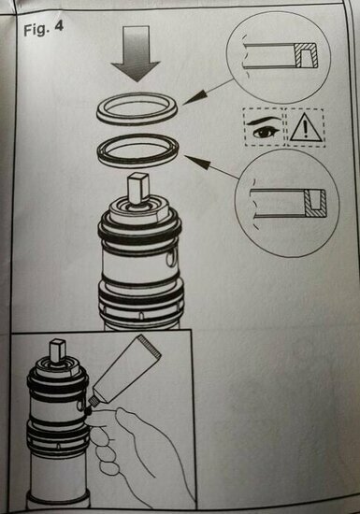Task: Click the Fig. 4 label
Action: click(x=43, y=29)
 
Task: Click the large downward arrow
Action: click(x=136, y=53)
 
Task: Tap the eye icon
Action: click(x=264, y=127)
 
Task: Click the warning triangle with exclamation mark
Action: click(x=305, y=128)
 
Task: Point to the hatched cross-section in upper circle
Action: click(x=306, y=55)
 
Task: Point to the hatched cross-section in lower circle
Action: click(x=315, y=203)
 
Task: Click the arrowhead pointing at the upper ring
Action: click(x=195, y=97)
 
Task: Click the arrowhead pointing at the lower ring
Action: click(x=198, y=162)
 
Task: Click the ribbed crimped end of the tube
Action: click(x=150, y=346)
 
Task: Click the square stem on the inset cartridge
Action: click(x=58, y=351)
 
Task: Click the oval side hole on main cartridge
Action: click(x=170, y=257)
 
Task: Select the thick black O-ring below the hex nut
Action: click(x=140, y=230)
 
